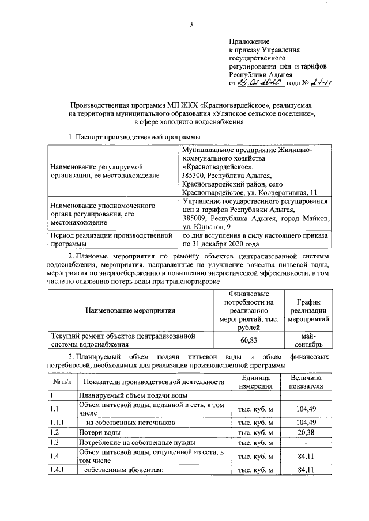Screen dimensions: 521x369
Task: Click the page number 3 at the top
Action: (190, 23)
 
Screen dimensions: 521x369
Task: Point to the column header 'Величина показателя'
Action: (306, 381)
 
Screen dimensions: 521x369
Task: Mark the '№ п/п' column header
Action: (62, 381)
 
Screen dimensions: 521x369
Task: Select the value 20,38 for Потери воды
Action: (306, 432)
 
